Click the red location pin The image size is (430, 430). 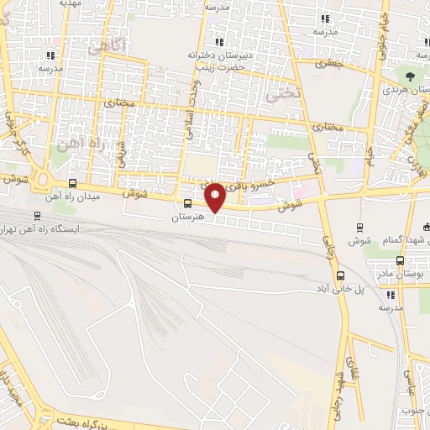[x=215, y=197]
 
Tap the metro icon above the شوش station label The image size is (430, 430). [x=360, y=228]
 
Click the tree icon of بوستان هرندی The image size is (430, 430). [x=411, y=76]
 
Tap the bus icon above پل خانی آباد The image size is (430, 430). [x=340, y=275]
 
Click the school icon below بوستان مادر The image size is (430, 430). [x=391, y=295]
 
